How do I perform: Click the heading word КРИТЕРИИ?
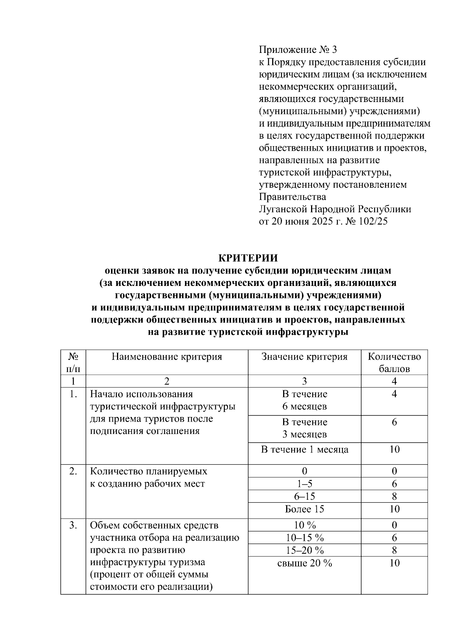click(248, 258)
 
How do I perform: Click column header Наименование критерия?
click(166, 357)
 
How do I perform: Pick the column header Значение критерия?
click(304, 357)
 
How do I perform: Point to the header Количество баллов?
click(394, 362)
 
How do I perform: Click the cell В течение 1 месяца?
click(304, 449)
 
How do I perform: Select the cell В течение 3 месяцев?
click(304, 428)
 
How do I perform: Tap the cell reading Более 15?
click(304, 509)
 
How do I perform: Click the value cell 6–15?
click(304, 496)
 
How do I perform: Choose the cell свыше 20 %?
click(304, 563)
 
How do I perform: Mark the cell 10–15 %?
click(304, 538)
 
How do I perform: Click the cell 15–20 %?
click(304, 550)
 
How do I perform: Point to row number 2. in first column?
click(73, 471)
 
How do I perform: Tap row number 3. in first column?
click(73, 525)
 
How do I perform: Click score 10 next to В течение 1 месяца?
click(394, 449)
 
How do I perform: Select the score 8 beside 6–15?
click(394, 496)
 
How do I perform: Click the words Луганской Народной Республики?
click(335, 209)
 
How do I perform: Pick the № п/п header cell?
click(73, 362)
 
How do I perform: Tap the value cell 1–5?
click(304, 484)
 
